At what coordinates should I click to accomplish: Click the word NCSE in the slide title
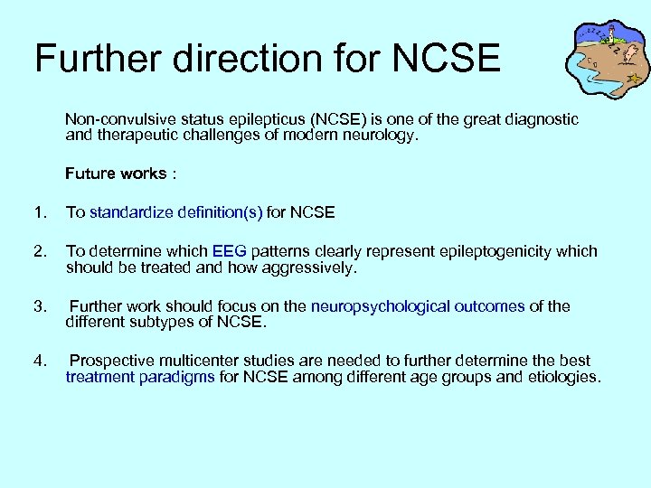click(447, 58)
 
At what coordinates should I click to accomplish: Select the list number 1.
click(38, 212)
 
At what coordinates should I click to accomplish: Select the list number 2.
click(38, 251)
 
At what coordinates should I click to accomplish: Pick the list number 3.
click(38, 306)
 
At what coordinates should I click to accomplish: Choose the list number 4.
click(38, 361)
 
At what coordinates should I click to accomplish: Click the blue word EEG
click(229, 251)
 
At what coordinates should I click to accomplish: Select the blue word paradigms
click(176, 378)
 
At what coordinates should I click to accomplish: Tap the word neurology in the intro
click(383, 136)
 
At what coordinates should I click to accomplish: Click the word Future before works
click(88, 174)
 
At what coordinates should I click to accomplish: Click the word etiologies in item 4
click(560, 378)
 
